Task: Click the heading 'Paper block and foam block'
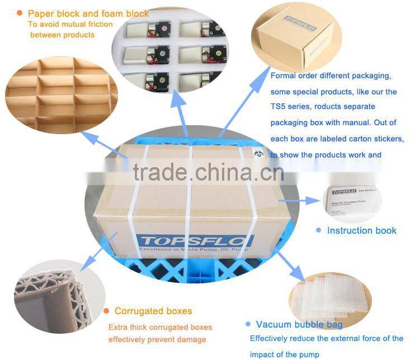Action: click(88, 13)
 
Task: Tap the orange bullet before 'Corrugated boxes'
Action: click(106, 311)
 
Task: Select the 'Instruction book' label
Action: click(361, 230)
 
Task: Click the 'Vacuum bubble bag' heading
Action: click(299, 324)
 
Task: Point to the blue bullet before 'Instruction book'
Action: click(318, 230)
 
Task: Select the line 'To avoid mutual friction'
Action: click(70, 24)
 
